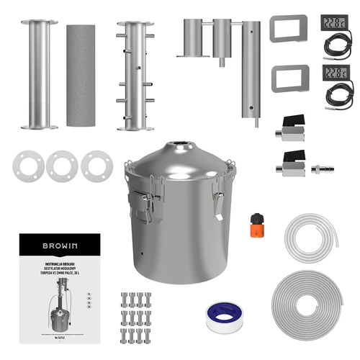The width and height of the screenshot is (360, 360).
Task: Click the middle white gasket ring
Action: [x=61, y=166]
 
